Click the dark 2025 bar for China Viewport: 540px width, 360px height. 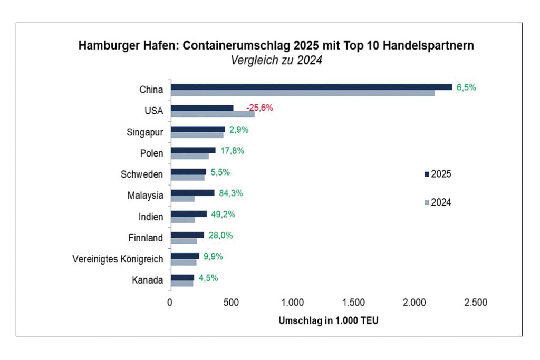pyautogui.click(x=311, y=87)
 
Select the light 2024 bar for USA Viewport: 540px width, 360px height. pyautogui.click(x=212, y=114)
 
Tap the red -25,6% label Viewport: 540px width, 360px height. pyautogui.click(x=259, y=108)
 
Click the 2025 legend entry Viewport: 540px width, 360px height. pyautogui.click(x=437, y=174)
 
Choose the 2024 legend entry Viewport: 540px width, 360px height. pyautogui.click(x=437, y=202)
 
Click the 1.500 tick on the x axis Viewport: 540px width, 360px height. pyautogui.click(x=353, y=303)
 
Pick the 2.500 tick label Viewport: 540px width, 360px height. pyautogui.click(x=476, y=303)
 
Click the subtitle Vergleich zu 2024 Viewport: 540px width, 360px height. pyautogui.click(x=276, y=61)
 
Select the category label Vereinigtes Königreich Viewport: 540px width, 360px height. pyautogui.click(x=118, y=259)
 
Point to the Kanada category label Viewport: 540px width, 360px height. pyautogui.click(x=147, y=280)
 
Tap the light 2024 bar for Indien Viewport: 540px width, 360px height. pyautogui.click(x=182, y=220)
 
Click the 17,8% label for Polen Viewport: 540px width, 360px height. pyautogui.click(x=232, y=151)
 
